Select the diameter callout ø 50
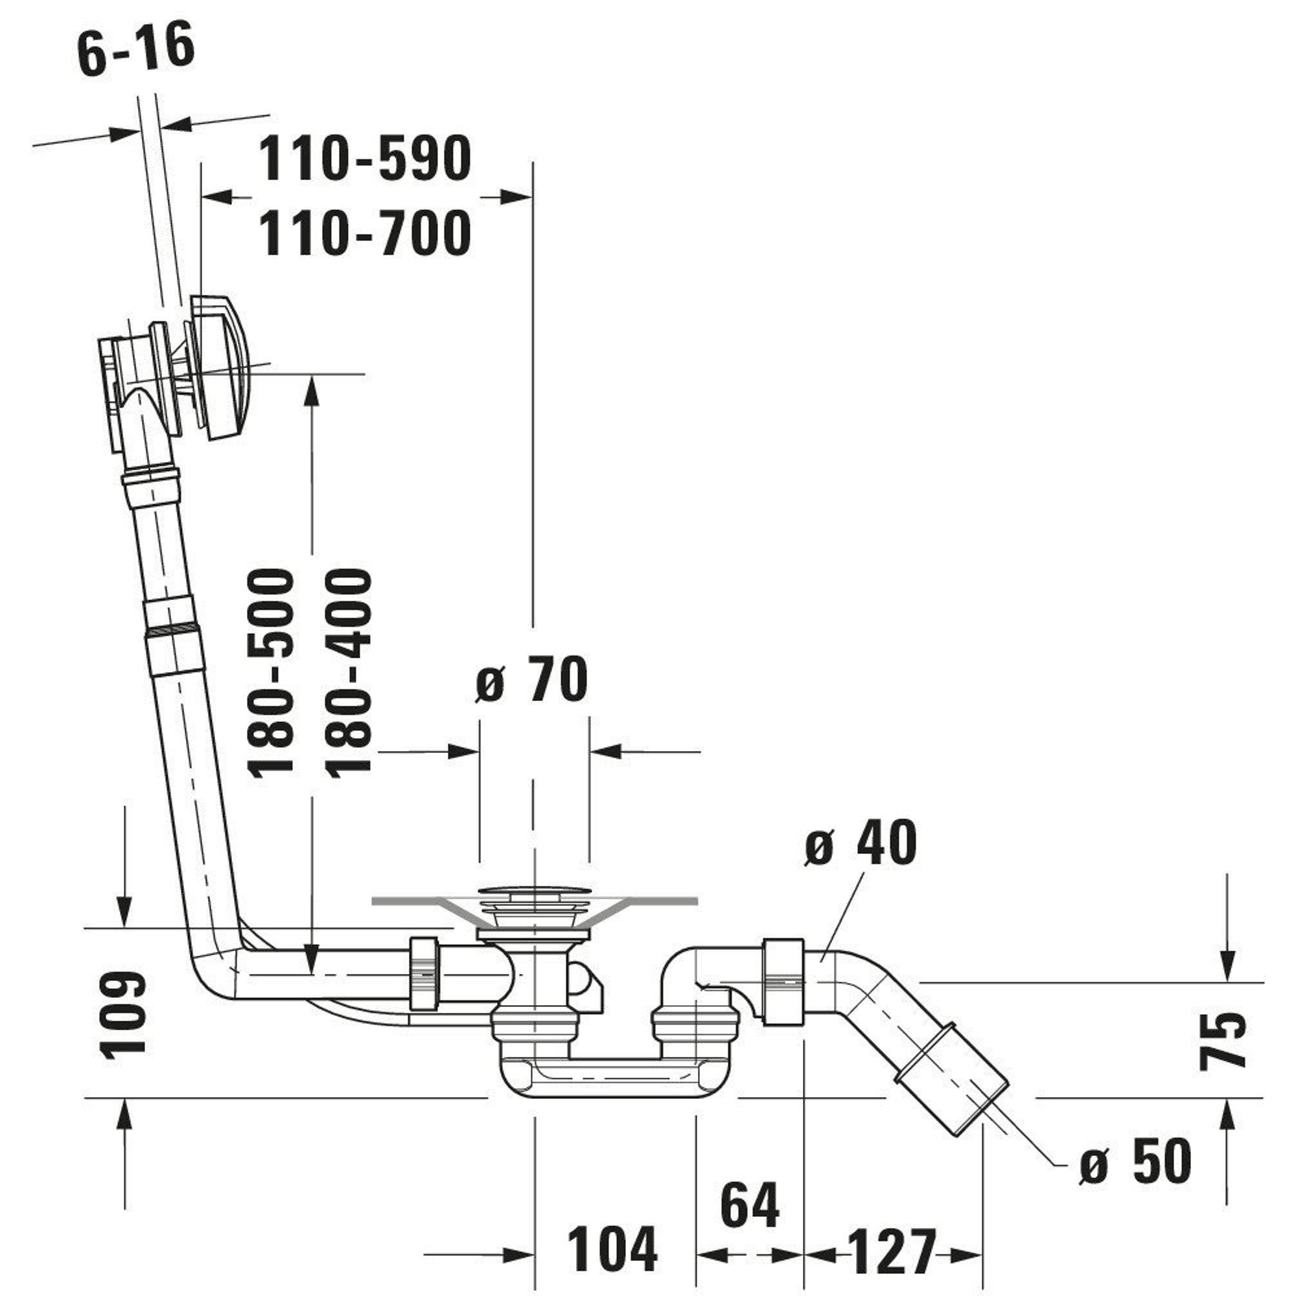1136,1161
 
